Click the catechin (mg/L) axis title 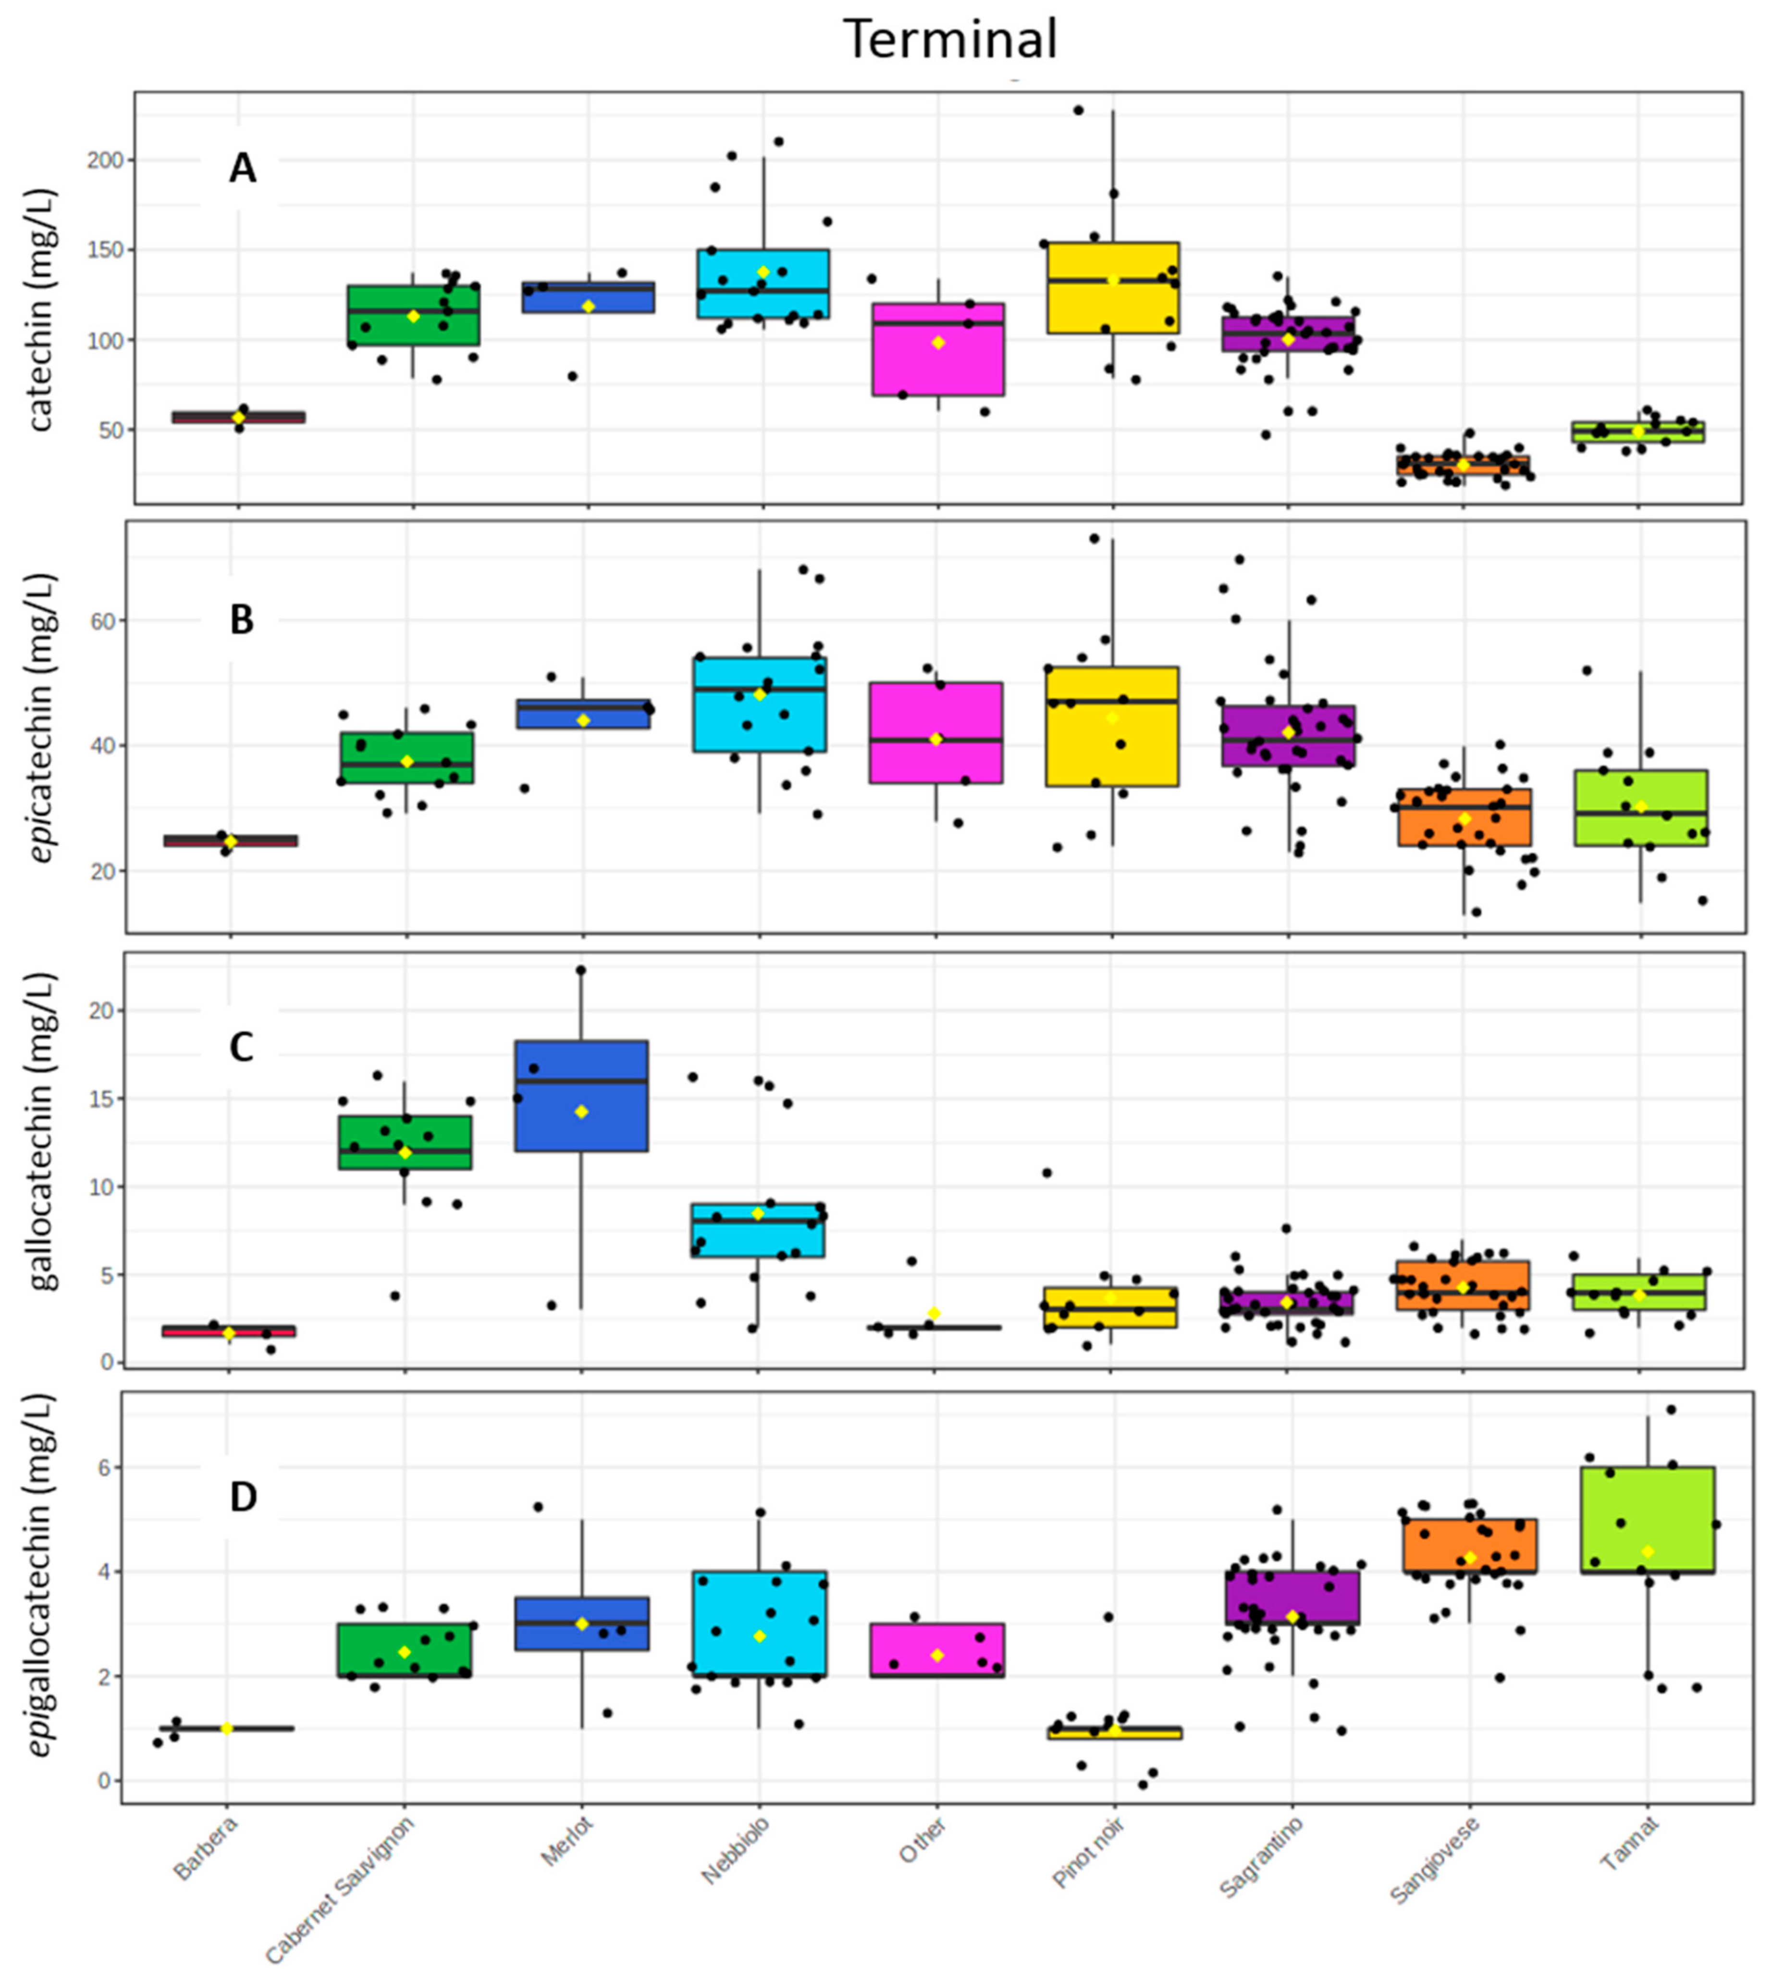tap(41, 309)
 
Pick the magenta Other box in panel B tap(935, 732)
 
